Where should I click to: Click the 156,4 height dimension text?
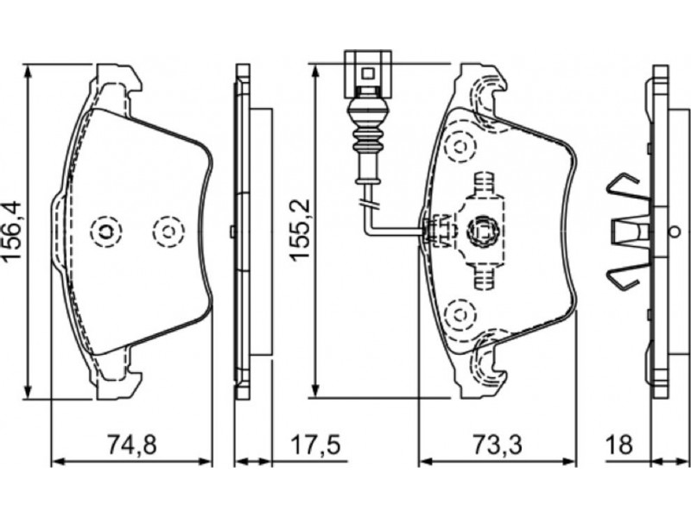click(12, 233)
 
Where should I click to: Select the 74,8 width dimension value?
click(132, 445)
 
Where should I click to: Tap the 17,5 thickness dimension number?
click(315, 445)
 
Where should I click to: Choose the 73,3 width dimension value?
click(498, 445)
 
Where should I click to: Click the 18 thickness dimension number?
click(619, 445)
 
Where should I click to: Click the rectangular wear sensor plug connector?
click(368, 74)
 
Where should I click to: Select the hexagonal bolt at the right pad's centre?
click(482, 229)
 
